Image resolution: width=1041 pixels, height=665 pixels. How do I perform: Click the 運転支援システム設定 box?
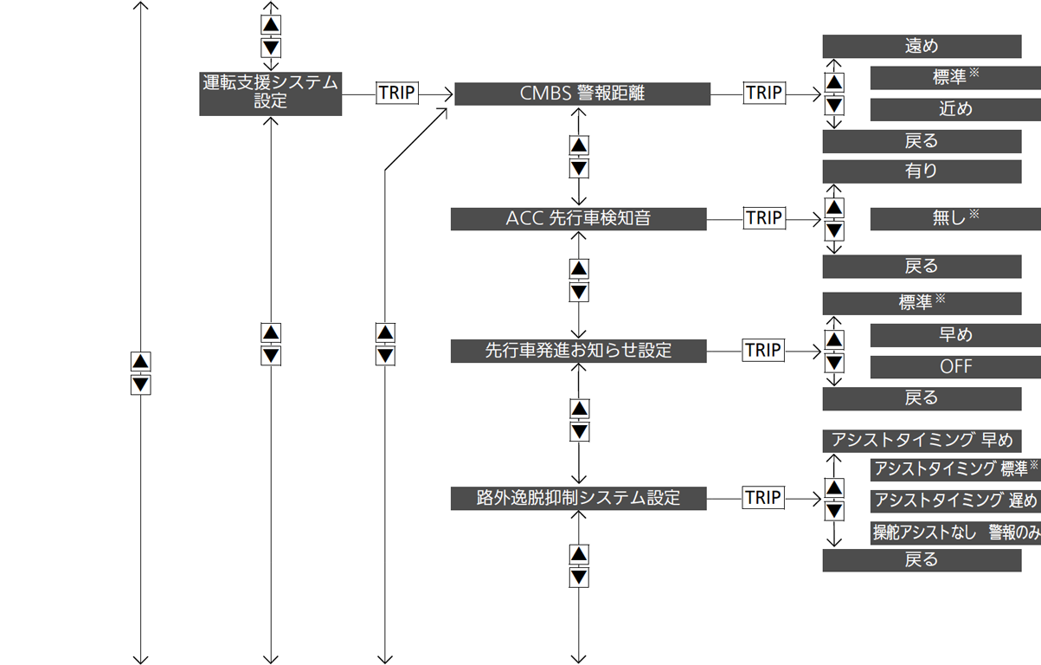(x=271, y=94)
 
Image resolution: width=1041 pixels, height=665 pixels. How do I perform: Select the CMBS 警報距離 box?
(x=582, y=94)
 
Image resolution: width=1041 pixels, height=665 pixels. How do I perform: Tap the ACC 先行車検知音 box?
(x=579, y=219)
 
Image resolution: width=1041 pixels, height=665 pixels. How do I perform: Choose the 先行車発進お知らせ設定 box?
(x=579, y=351)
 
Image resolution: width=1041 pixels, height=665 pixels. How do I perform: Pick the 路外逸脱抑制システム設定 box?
(x=579, y=499)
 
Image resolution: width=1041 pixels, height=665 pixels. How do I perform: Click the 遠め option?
(x=922, y=47)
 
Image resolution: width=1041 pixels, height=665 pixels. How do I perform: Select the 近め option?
(x=955, y=110)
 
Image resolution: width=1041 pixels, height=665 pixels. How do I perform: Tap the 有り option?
(x=922, y=171)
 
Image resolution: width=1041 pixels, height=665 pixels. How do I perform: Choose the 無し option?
(x=955, y=219)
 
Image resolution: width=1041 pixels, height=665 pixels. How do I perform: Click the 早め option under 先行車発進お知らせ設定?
(x=955, y=335)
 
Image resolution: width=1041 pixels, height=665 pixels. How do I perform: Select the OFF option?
(x=955, y=367)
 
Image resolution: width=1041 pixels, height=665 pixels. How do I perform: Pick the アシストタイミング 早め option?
(x=922, y=441)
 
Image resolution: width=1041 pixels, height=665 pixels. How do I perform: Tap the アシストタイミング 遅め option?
(x=955, y=500)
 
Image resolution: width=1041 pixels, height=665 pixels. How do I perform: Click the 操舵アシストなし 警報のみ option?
(x=955, y=533)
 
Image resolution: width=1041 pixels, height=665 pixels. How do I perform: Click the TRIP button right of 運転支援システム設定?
(x=397, y=93)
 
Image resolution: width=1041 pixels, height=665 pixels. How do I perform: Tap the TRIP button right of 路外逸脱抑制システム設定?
(x=763, y=498)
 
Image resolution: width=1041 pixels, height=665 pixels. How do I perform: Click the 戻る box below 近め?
(x=922, y=141)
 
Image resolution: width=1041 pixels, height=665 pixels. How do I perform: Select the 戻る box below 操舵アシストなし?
(x=922, y=560)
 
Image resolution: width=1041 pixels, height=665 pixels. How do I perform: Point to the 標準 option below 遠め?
(x=955, y=78)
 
